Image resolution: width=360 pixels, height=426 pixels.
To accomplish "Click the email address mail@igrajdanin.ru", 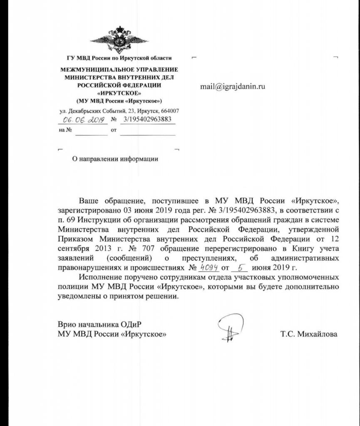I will click(233, 87).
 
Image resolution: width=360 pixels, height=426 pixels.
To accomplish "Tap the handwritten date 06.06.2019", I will click(82, 120).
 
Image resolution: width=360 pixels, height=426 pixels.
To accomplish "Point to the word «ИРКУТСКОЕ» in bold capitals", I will click(119, 93).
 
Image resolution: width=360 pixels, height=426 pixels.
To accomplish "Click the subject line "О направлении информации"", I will click(115, 159).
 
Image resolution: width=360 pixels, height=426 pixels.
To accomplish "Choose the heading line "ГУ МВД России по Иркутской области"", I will click(119, 58).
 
